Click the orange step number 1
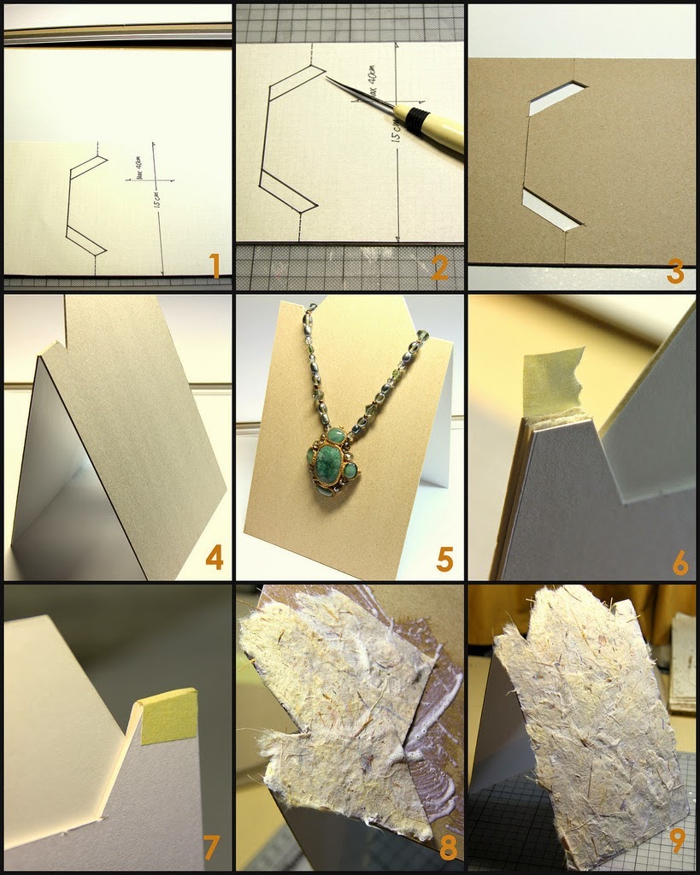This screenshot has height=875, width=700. click(x=215, y=267)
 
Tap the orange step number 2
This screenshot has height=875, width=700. click(x=441, y=267)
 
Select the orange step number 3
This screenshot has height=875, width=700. click(x=675, y=272)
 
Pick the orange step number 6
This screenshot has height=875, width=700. click(x=679, y=561)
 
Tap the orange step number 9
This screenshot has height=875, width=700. click(x=677, y=839)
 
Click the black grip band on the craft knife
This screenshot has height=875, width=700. click(x=417, y=120)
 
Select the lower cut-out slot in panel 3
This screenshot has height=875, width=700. click(x=551, y=210)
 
